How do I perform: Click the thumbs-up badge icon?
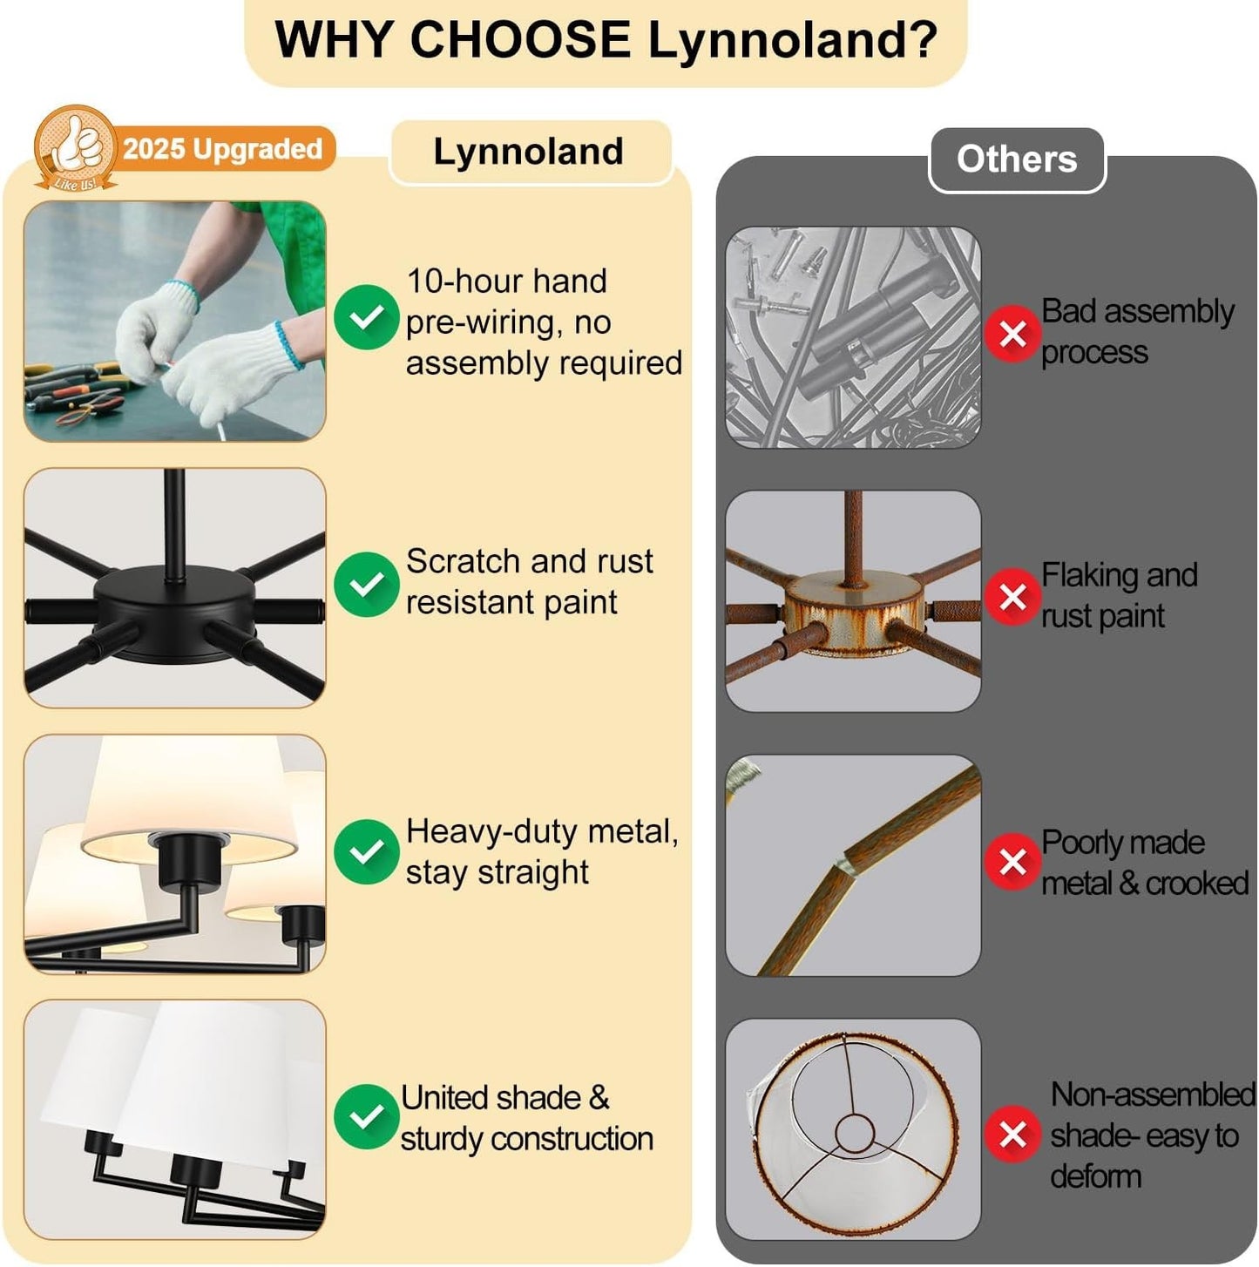[x=77, y=149]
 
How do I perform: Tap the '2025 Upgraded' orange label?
[x=222, y=149]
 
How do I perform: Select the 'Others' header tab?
[x=1017, y=159]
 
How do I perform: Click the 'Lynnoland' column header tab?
[x=529, y=152]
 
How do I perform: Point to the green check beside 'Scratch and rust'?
[x=366, y=583]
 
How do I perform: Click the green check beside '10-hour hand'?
[x=366, y=316]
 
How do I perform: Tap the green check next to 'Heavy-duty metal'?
[x=366, y=850]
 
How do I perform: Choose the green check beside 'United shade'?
[x=366, y=1115]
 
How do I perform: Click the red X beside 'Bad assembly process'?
[x=1012, y=334]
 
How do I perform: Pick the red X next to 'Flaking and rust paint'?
[x=1012, y=596]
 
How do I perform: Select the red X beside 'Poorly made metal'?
[x=1012, y=861]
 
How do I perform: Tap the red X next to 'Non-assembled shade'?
[x=1012, y=1135]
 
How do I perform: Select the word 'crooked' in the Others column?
[x=1196, y=883]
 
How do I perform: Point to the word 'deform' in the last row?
[x=1095, y=1176]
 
